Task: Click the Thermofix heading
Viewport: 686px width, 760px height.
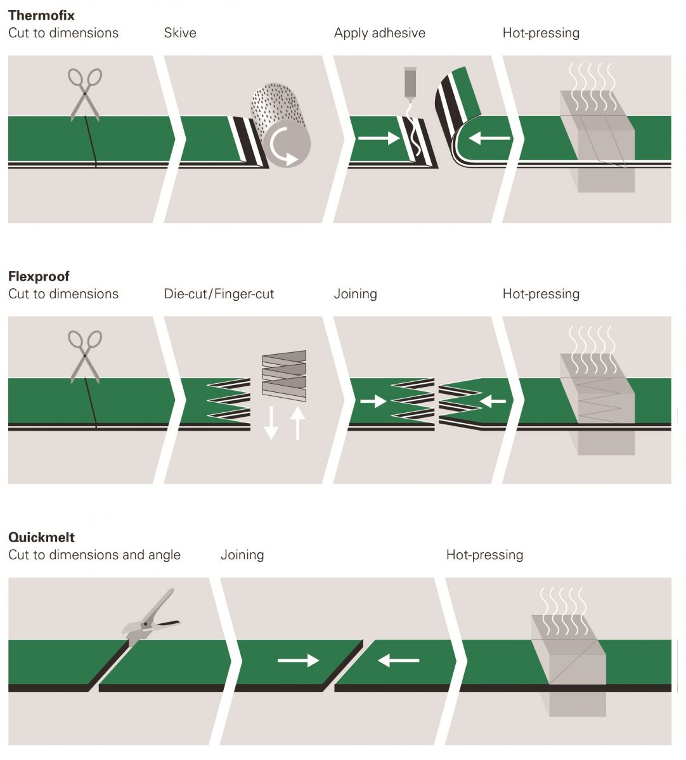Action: coord(41,15)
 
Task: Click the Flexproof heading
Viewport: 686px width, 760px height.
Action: coord(39,276)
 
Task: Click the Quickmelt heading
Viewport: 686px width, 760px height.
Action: coord(41,537)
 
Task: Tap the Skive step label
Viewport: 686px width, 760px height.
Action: coord(180,33)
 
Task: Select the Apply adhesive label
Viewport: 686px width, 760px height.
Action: coord(379,33)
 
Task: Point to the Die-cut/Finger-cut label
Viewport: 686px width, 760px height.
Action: coord(219,294)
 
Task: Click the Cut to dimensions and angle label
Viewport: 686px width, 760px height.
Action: coord(94,555)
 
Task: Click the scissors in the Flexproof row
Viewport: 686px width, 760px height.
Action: coord(85,355)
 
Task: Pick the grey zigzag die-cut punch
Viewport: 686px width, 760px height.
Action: coord(284,376)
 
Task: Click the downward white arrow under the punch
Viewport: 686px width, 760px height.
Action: coord(271,422)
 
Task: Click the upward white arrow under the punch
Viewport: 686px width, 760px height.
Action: coord(297,422)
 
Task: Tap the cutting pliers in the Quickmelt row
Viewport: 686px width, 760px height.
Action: coord(150,617)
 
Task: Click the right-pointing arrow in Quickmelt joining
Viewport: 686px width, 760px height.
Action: coord(298,661)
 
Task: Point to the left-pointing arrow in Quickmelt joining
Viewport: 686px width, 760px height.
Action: coord(398,661)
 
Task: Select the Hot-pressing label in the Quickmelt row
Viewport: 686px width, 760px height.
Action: coord(484,555)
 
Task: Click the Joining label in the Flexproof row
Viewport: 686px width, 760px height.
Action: coord(355,294)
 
